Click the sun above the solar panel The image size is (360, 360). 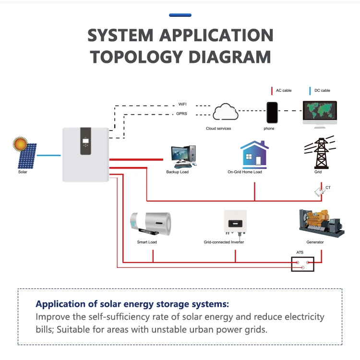(20, 144)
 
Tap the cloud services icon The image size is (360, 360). (225, 112)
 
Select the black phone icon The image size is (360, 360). (272, 113)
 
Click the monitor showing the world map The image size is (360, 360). (320, 114)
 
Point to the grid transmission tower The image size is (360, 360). (321, 153)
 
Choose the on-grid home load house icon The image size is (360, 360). (254, 153)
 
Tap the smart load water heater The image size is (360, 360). (151, 224)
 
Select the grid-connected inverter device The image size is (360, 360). (235, 223)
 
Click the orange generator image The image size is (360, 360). (322, 223)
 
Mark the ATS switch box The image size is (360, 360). (302, 264)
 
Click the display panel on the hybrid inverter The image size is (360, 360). (85, 141)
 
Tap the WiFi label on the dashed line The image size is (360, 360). (182, 104)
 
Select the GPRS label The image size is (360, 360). (181, 114)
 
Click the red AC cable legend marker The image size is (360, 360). (272, 91)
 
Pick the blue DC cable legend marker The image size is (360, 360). (310, 91)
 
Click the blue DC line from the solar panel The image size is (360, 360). (48, 156)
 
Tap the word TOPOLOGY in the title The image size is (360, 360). (136, 57)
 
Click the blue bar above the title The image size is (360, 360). (180, 15)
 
